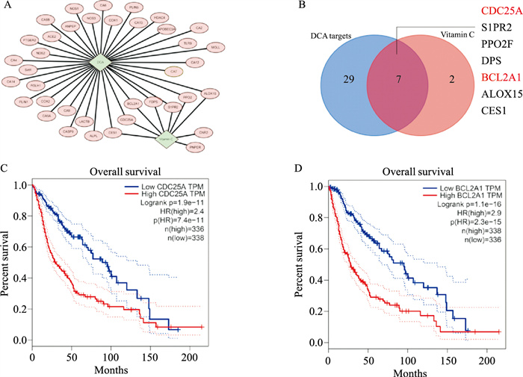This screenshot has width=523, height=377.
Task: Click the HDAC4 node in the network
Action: pos(157,16)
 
